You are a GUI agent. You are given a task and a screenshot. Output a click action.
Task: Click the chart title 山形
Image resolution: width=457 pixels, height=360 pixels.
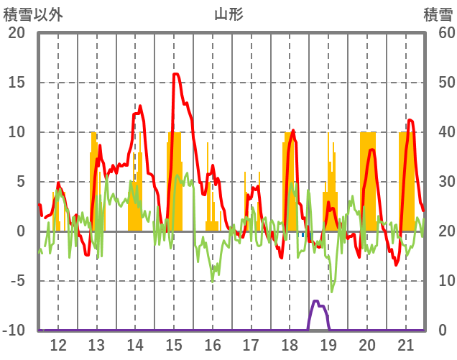coord(228,14)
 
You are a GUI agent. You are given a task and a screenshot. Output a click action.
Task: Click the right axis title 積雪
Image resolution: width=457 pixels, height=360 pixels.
coord(438,14)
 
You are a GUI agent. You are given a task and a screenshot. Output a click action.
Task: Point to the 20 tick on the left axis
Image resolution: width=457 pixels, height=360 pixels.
coord(17,33)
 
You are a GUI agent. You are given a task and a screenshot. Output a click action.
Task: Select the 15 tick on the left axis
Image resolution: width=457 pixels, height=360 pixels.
coord(17,83)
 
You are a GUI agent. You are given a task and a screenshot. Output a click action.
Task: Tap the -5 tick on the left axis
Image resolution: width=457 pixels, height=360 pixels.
coord(17,281)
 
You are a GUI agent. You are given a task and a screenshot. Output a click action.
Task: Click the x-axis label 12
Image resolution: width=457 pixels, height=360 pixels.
coord(58,344)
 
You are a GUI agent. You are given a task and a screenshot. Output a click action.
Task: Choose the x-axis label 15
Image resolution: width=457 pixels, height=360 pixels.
coord(174,344)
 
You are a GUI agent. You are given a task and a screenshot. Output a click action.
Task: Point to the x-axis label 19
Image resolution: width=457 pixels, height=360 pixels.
coord(328,344)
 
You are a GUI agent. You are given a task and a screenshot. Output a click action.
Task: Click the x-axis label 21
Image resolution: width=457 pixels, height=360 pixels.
coord(405,344)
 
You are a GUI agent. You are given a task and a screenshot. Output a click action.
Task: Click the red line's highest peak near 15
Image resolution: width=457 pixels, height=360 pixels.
coord(176,74)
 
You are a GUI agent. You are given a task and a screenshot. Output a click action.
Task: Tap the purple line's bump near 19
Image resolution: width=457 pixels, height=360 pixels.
coord(316,302)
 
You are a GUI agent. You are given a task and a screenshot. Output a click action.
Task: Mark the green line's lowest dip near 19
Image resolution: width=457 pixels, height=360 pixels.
coord(331,291)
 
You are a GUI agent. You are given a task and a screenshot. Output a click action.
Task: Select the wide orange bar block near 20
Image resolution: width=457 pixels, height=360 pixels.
coord(368,180)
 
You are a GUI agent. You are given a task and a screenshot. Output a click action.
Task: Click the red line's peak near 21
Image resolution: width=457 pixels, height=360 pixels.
coord(410,120)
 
